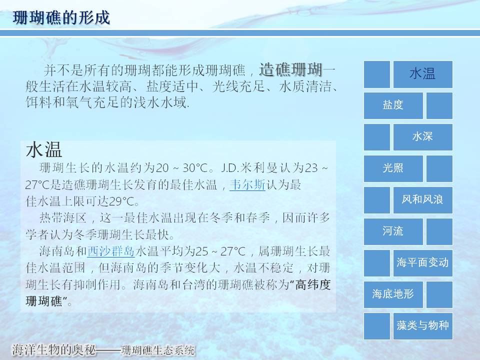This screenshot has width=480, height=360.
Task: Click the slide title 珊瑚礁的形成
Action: coord(61,17)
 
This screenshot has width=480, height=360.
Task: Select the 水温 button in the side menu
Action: coord(423,74)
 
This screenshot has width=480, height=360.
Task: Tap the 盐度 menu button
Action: coord(393,105)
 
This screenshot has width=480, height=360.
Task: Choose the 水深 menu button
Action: coord(423,137)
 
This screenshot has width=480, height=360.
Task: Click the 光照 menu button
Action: coord(393,168)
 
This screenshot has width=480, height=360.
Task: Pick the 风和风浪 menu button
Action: coord(423,200)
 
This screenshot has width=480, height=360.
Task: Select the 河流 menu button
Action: coord(393,231)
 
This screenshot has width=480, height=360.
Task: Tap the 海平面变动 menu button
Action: coord(423,263)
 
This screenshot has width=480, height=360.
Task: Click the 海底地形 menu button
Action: coord(393,294)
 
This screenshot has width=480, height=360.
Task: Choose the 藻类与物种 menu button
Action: coord(423,326)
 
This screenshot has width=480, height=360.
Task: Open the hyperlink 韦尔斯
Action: coord(247,184)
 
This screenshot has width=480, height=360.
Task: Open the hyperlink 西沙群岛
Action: coord(111,251)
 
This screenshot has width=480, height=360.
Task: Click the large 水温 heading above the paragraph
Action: coord(44,149)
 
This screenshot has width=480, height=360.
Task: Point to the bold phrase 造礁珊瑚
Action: coord(291,70)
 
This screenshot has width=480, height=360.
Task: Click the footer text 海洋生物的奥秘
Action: coord(54,350)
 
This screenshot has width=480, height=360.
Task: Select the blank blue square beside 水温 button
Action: coord(377,74)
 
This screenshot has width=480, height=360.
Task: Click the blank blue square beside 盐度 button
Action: coord(439,105)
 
